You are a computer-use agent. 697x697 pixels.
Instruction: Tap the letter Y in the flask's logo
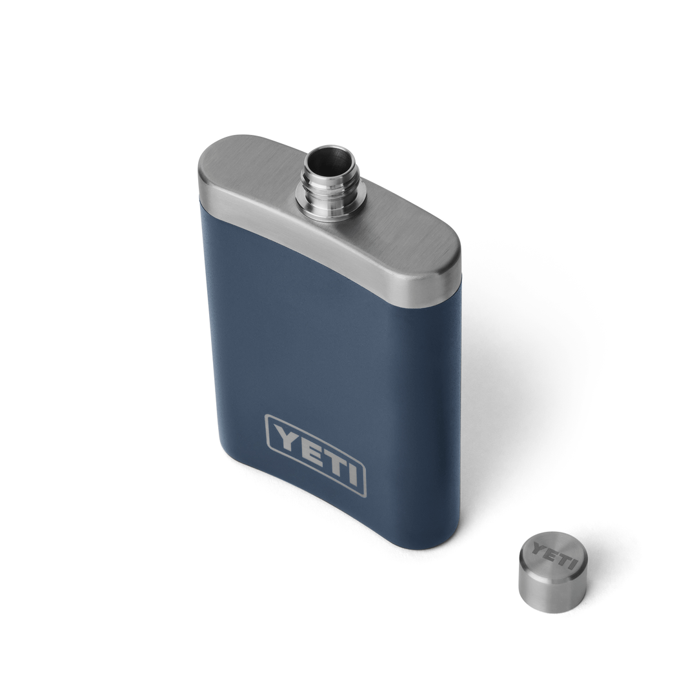(281, 437)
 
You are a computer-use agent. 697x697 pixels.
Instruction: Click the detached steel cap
(552, 572)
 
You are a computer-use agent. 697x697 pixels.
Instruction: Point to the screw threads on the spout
(331, 190)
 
